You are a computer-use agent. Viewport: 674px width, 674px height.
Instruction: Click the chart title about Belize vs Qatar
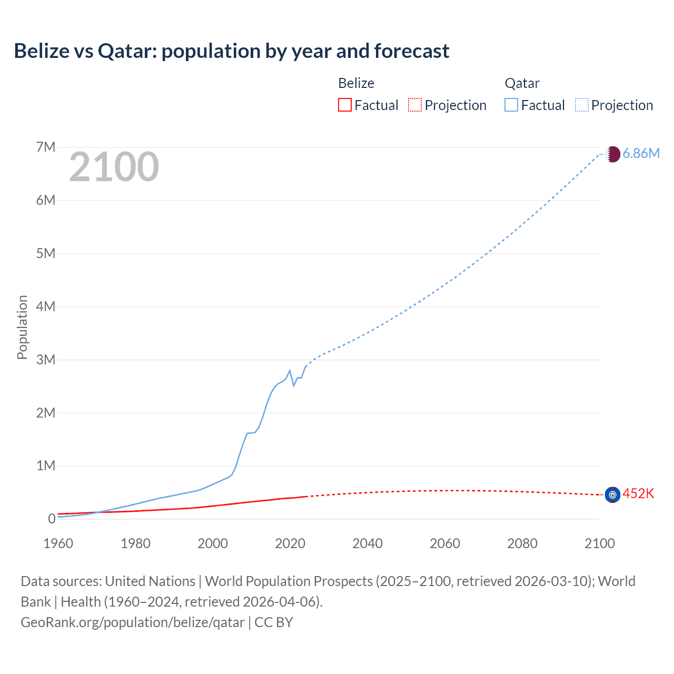(x=232, y=51)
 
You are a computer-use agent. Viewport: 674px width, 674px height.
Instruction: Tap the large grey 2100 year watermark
(x=114, y=167)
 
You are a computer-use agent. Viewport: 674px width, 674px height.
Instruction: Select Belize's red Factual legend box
(x=344, y=105)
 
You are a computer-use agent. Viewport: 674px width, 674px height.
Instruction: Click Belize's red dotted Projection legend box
(x=415, y=105)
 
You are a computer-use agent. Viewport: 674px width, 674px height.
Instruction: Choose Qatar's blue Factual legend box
(x=511, y=105)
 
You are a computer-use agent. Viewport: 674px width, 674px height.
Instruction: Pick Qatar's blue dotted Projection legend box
(x=581, y=105)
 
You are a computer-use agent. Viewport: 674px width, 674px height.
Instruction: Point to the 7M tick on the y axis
(x=46, y=147)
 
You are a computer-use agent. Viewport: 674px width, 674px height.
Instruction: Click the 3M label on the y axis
(x=46, y=360)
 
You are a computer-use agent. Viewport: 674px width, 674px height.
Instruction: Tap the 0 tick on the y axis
(x=52, y=519)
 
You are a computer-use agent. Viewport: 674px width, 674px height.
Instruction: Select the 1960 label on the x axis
(x=58, y=543)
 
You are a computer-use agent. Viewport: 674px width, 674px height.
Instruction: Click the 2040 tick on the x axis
(x=368, y=543)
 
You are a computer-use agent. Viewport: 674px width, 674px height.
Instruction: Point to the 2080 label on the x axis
(x=522, y=543)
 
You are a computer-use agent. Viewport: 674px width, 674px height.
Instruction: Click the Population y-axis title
(x=22, y=327)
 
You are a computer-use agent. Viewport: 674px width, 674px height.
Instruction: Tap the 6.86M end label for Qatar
(x=641, y=153)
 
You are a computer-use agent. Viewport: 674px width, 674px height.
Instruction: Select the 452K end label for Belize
(x=638, y=493)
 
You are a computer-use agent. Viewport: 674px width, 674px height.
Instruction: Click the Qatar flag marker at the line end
(x=612, y=154)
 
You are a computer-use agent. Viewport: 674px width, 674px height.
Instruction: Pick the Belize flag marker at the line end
(x=612, y=494)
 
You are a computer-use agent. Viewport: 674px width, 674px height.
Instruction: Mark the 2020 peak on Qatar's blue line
(x=290, y=371)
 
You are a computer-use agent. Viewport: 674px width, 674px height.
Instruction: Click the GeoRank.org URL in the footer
(x=133, y=622)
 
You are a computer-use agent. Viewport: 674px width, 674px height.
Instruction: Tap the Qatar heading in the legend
(x=522, y=83)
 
